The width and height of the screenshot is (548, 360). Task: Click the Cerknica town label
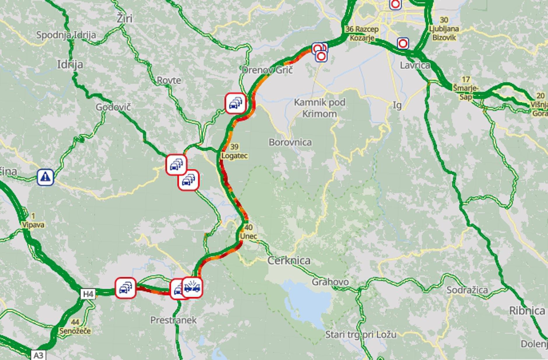pos(289,261)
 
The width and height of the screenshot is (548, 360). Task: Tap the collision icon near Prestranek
pos(193,287)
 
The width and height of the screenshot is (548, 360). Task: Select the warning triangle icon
pos(45,177)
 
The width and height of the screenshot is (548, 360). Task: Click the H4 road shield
pos(88,294)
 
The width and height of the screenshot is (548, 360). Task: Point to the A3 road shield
pos(38,355)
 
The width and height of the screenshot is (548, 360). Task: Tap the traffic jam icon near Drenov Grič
pos(236,103)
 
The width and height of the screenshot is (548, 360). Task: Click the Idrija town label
pos(70,64)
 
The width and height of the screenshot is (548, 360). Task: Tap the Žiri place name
pos(124,19)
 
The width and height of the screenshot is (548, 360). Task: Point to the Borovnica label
pos(290,142)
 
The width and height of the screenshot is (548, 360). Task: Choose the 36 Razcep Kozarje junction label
pos(362,33)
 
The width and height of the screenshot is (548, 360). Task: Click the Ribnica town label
pos(527,310)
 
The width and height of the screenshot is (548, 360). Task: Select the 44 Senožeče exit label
pos(75,327)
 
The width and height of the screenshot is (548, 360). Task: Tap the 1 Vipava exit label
pos(33,220)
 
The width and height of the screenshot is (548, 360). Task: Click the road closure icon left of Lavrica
pos(403,44)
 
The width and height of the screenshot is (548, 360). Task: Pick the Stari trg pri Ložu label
pos(361,334)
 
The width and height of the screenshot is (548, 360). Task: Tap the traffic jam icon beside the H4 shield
pos(126,288)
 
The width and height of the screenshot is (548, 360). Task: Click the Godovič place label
pos(113,107)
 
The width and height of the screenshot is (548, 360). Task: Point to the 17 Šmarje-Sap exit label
pos(466,88)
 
